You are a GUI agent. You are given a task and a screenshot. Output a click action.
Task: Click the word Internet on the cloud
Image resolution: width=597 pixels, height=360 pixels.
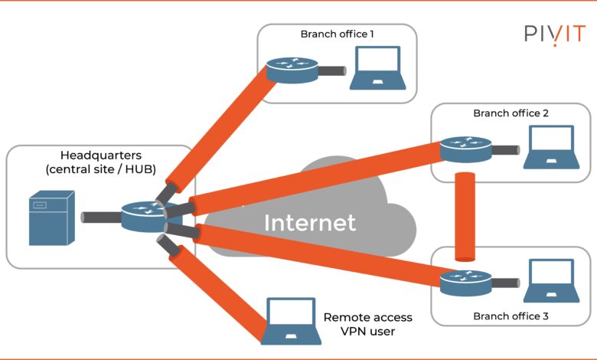click(x=310, y=223)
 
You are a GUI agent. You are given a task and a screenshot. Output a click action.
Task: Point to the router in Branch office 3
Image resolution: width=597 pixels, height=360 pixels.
click(x=463, y=282)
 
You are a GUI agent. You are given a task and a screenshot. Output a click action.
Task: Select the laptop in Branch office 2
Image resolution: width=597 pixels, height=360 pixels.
click(x=550, y=148)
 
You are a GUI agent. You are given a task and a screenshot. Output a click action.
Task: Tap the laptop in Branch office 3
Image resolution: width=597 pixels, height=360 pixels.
click(x=550, y=281)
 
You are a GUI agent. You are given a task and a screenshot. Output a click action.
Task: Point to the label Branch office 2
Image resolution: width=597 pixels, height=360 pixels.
click(x=511, y=113)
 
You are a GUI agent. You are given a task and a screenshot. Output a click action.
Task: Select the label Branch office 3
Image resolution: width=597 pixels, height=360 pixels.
click(x=511, y=316)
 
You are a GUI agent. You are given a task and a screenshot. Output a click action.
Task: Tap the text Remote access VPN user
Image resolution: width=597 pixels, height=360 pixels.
click(x=367, y=324)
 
